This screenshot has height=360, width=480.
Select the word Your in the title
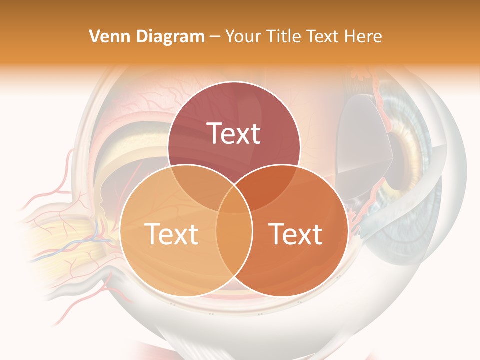tap(242, 36)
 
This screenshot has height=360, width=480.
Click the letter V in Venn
tap(94, 36)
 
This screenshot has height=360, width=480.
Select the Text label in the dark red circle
tap(234, 133)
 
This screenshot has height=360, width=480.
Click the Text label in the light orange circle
tap(171, 234)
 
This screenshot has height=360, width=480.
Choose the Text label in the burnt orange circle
tap(296, 234)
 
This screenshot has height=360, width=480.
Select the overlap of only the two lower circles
tap(234, 245)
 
